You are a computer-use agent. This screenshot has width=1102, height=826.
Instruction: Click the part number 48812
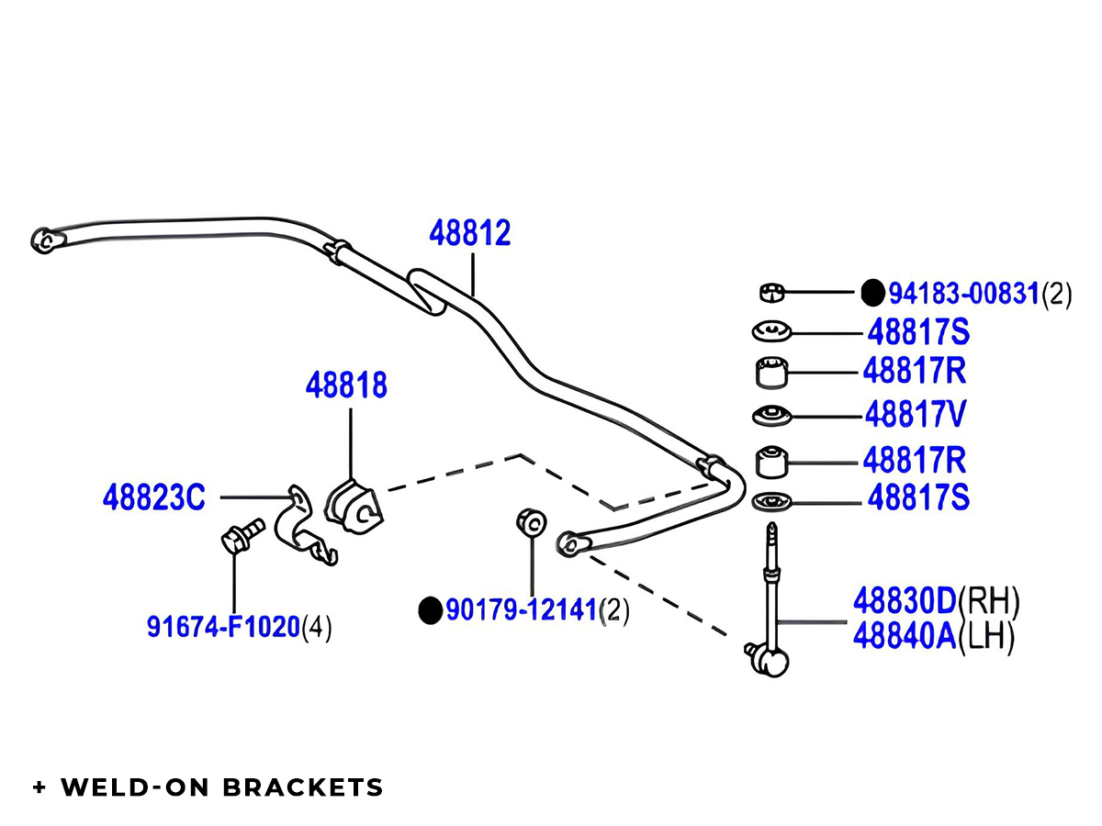(x=469, y=233)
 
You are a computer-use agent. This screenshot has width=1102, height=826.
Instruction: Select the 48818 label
(x=346, y=385)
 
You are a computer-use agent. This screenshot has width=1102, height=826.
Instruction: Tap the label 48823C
(x=154, y=499)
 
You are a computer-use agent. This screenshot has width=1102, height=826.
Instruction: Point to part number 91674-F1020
(x=224, y=628)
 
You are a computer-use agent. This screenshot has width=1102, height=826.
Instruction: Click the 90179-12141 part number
(x=522, y=610)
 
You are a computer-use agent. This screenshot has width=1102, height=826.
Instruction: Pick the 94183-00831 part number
(x=963, y=294)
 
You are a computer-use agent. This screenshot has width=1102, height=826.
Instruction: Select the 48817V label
(x=915, y=416)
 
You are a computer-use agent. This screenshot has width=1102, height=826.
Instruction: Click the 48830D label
(x=905, y=601)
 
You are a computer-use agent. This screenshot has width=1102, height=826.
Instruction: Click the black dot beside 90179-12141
(x=430, y=610)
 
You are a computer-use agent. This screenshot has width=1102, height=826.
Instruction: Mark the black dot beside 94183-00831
(x=872, y=293)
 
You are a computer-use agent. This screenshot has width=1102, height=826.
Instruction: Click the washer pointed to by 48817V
(x=770, y=416)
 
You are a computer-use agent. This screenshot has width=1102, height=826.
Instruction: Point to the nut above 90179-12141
(x=531, y=522)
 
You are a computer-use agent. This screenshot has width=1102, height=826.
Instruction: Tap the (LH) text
(x=987, y=637)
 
